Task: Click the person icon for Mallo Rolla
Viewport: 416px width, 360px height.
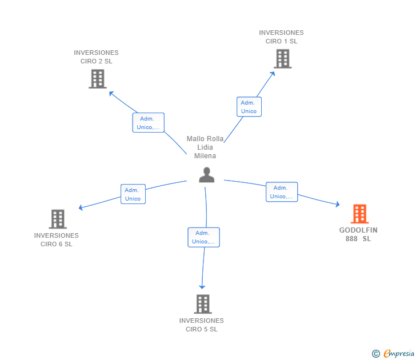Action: coord(206,175)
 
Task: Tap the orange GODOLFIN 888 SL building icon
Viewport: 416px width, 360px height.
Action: coord(359,214)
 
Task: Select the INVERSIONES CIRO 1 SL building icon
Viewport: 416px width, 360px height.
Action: coord(282,58)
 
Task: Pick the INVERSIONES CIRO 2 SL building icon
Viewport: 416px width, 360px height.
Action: coord(98,79)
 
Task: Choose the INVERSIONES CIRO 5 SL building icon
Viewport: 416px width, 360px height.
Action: coord(202,304)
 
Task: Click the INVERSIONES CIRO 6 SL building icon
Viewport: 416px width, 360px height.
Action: coord(57,219)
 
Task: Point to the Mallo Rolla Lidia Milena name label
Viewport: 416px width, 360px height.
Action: coord(205,147)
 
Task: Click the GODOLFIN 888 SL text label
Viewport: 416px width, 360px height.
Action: coord(358,234)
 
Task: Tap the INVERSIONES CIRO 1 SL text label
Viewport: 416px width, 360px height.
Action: coord(281,37)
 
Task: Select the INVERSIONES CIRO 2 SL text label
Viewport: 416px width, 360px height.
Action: coord(96,57)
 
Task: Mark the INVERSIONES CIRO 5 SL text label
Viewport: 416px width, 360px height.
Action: coord(201,325)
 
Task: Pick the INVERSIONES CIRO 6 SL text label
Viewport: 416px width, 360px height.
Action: coord(56,239)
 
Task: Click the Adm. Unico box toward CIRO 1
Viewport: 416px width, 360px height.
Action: coord(249,107)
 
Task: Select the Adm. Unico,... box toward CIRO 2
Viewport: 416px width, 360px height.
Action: coord(148,123)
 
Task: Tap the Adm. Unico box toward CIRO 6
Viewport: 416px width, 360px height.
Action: coord(133,194)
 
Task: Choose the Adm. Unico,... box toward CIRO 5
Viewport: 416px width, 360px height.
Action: coord(203,237)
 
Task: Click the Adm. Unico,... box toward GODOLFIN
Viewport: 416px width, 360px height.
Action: coord(281,192)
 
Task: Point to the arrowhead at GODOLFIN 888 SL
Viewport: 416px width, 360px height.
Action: coord(338,204)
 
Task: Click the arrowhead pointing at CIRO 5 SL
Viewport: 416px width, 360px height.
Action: coord(201,287)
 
